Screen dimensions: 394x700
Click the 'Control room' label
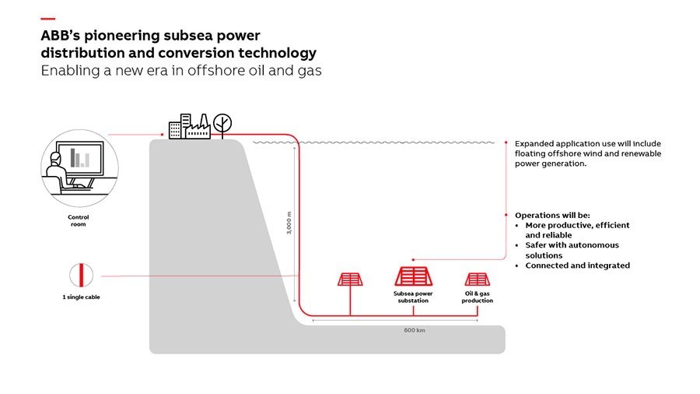tap(79, 220)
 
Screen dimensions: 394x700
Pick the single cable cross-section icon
tap(81, 276)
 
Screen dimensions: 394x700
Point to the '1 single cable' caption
tap(81, 297)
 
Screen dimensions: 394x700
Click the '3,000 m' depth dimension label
tap(289, 225)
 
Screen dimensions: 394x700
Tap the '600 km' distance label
tap(414, 330)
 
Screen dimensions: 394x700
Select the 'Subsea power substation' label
tap(413, 297)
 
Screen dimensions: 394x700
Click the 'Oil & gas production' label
tap(477, 297)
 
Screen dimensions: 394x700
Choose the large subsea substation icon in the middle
tap(413, 276)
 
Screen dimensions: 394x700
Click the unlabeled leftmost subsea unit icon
tap(350, 279)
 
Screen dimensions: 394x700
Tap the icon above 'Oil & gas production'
tap(477, 279)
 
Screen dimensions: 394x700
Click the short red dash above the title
tap(47, 18)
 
